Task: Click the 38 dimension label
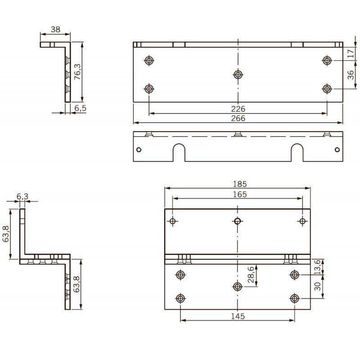click(x=55, y=29)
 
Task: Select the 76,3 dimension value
click(x=77, y=72)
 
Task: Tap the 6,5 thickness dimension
click(x=81, y=108)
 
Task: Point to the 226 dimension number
click(x=238, y=108)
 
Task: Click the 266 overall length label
click(x=238, y=118)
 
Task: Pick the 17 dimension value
click(x=351, y=54)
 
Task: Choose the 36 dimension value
click(x=351, y=75)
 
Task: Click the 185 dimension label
click(x=240, y=184)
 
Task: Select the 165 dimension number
click(x=240, y=194)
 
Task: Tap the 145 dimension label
click(x=238, y=316)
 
